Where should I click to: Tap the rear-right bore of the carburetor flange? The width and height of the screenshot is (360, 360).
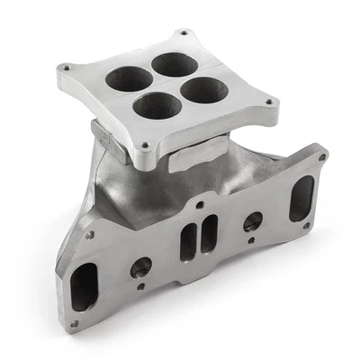coord(175,65)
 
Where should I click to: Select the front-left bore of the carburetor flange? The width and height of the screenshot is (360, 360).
coord(158,106)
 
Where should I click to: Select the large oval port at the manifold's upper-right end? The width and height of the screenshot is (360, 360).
coord(301,198)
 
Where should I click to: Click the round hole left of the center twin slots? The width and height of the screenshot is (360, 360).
coord(141,266)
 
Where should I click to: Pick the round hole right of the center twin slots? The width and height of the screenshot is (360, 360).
coord(253,220)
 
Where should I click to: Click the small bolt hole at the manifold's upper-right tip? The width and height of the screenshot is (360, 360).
coord(322,158)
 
